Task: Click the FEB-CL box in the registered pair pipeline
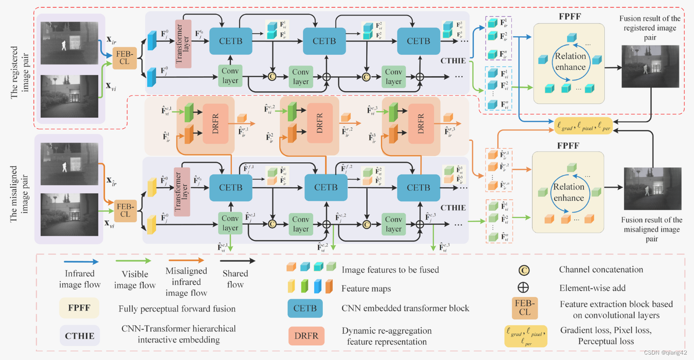(x=124, y=58)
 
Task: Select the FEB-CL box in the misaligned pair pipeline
(x=125, y=210)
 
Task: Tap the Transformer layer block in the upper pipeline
(x=183, y=44)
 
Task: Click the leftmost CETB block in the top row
(x=231, y=41)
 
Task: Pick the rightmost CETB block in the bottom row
(x=418, y=187)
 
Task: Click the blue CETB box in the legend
(x=305, y=308)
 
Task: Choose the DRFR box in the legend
(x=306, y=336)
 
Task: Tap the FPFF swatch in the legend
(x=79, y=308)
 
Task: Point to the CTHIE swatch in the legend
(x=80, y=336)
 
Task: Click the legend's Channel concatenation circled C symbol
(x=524, y=270)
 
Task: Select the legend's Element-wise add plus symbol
(x=523, y=287)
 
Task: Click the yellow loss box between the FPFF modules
(x=583, y=126)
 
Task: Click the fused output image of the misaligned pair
(x=652, y=189)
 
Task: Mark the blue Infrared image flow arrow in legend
(x=81, y=262)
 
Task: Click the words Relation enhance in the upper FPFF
(x=570, y=62)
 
